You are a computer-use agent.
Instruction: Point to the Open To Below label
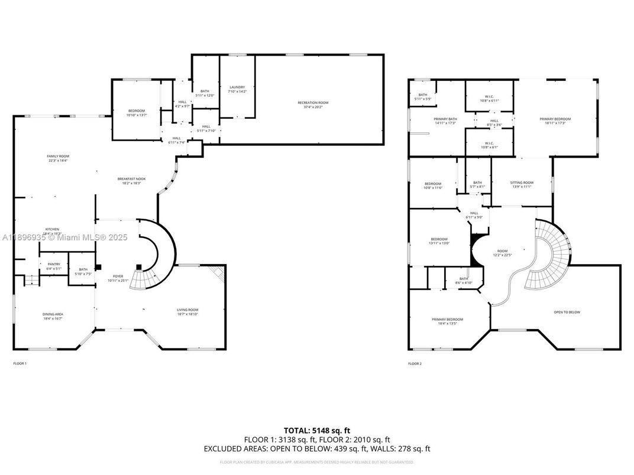(x=567, y=312)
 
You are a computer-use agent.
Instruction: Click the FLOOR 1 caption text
(x=20, y=363)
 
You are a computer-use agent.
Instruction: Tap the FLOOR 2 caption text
(x=415, y=363)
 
